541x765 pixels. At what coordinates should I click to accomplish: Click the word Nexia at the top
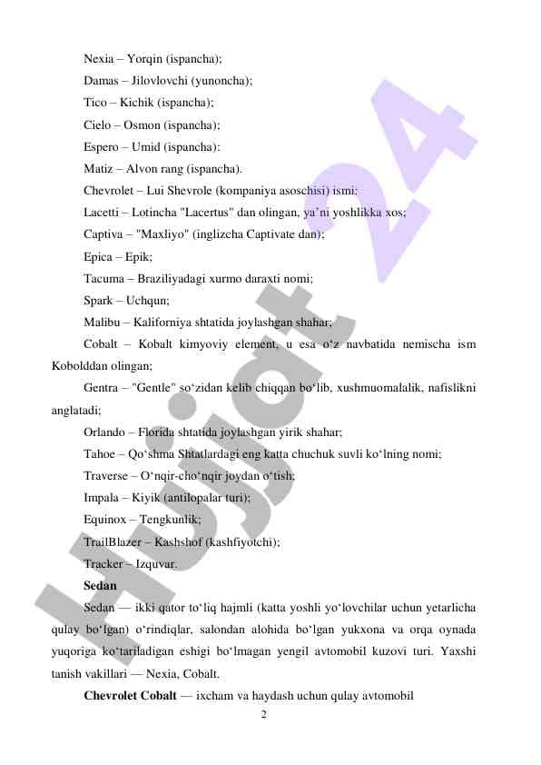(x=99, y=59)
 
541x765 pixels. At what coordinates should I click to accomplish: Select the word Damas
(x=102, y=81)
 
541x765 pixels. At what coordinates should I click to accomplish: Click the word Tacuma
(x=104, y=279)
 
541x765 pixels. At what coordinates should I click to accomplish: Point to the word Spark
(x=99, y=301)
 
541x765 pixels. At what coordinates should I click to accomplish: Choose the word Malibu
(x=102, y=323)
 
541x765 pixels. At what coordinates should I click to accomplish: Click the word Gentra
(x=103, y=389)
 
